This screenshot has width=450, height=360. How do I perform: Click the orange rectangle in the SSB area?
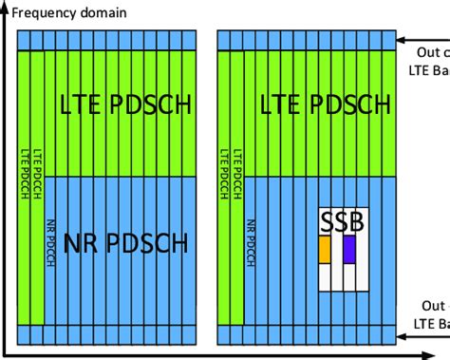click(324, 249)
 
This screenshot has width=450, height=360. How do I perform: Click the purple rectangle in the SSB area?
click(349, 249)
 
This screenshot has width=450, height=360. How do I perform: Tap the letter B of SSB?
click(358, 221)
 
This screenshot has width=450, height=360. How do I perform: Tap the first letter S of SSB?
click(327, 221)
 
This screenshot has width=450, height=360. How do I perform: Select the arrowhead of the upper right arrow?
click(402, 40)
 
